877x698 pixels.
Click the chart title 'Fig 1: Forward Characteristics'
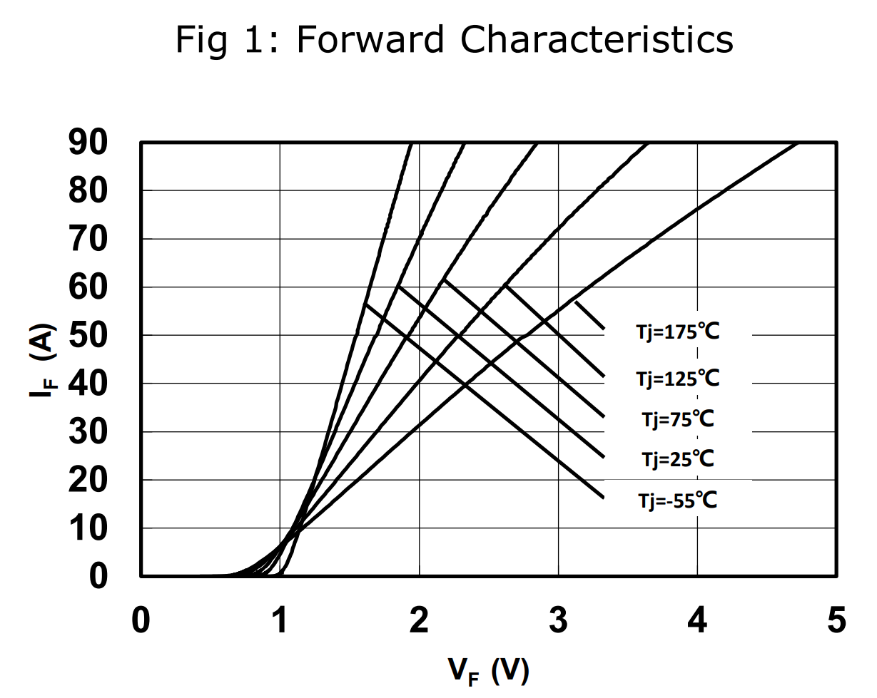tap(454, 41)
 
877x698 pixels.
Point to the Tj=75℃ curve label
tap(676, 419)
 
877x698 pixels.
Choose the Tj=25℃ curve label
tap(676, 459)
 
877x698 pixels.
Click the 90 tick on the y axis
tap(88, 143)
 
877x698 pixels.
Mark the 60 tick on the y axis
tap(88, 288)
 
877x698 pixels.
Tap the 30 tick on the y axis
tap(88, 433)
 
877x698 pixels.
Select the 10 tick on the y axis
tap(88, 529)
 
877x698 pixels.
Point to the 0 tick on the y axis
tap(99, 576)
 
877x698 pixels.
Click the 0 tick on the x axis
tap(141, 620)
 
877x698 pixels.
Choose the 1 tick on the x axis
tap(280, 620)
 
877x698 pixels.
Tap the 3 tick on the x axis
tap(559, 620)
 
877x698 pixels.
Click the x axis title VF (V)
tap(488, 670)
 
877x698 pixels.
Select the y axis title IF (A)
tap(43, 360)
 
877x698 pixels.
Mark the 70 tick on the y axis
tap(88, 240)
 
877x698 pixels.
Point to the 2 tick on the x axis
tap(420, 620)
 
